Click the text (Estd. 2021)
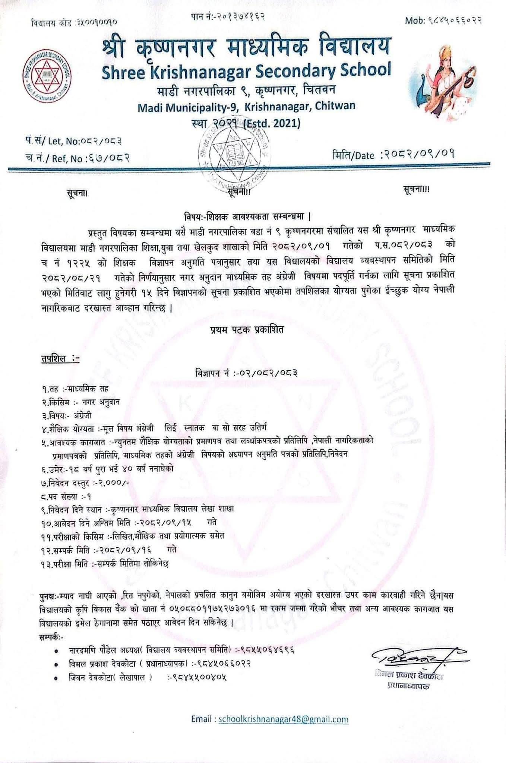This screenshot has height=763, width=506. tap(271, 123)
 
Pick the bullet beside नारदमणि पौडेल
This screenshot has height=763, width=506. tap(56, 650)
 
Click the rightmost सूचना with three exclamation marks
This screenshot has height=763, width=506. tap(416, 190)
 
